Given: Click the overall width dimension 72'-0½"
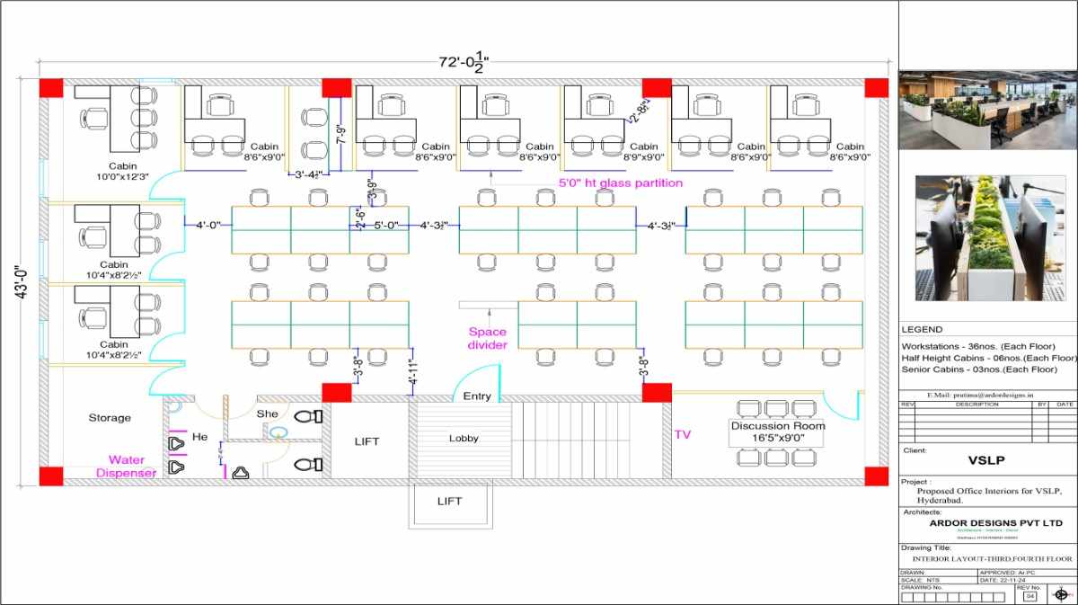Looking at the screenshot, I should coord(464,61).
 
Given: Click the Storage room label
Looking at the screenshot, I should coord(110,418).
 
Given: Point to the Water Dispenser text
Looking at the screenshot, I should coord(127,467).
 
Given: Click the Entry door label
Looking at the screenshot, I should coord(477,396).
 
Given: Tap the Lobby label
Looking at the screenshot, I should coord(464,439).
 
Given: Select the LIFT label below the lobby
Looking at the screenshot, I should coord(450,501).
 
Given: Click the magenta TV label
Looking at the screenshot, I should coord(683,434).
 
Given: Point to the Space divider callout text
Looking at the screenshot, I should coord(488,338).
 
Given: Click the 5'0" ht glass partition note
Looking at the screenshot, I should coord(621,183).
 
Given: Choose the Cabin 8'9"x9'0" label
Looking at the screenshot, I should coord(643,152).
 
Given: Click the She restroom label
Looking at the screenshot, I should coord(268,414).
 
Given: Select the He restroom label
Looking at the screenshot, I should coord(200,437).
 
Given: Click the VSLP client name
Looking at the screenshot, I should coord(985,460).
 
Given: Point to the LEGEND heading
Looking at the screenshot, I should coord(922,330).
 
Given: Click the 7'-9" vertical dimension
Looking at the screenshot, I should coord(341,135).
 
